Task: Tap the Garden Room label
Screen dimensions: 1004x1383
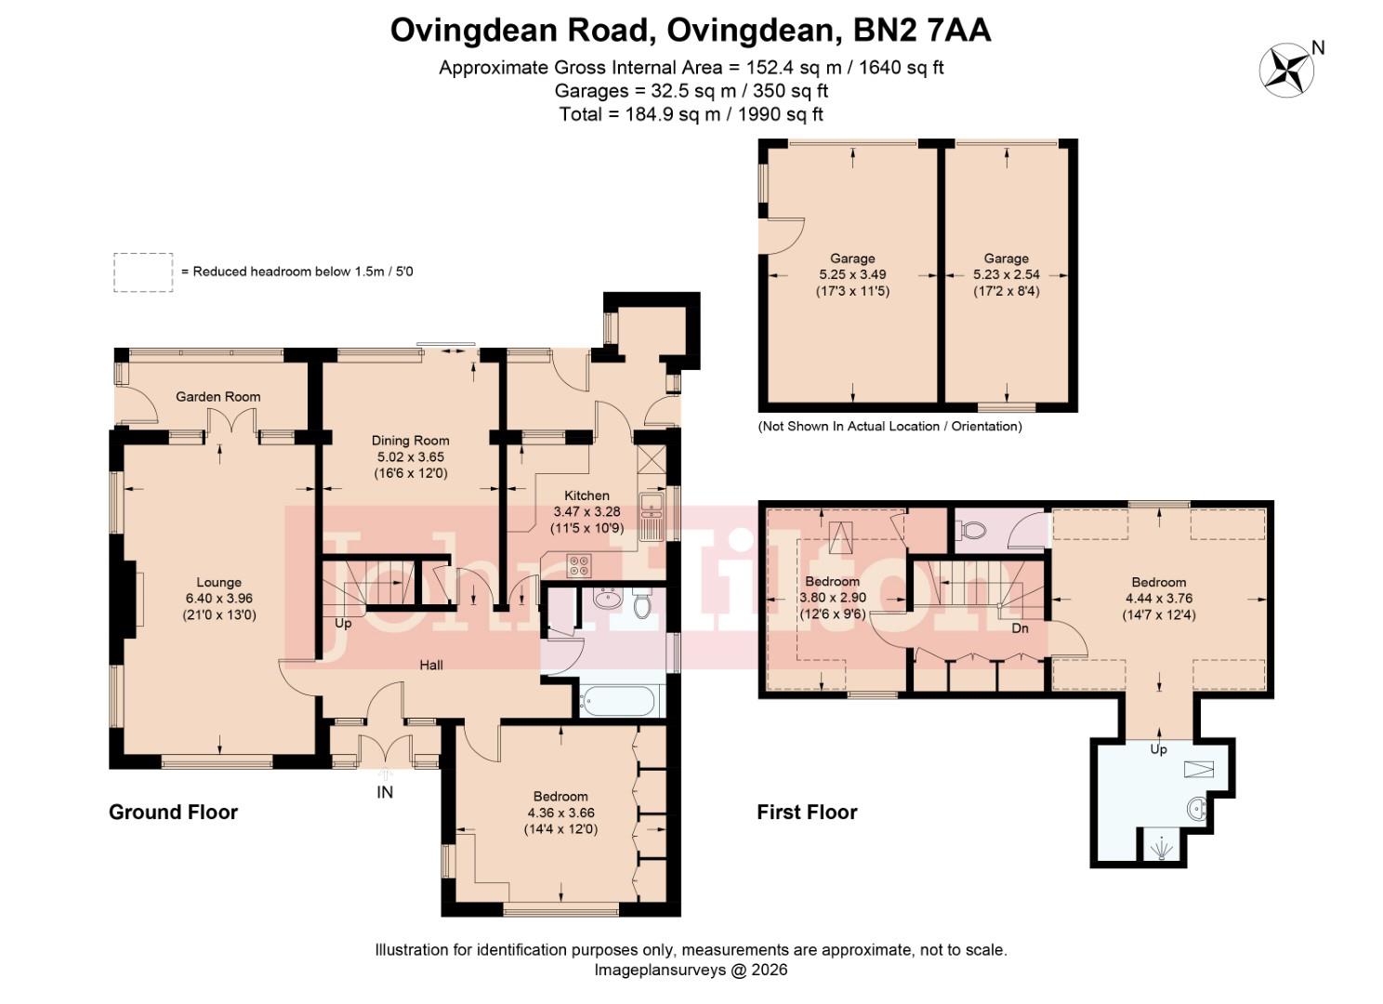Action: [x=217, y=397]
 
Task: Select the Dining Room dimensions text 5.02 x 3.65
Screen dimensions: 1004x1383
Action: [x=410, y=457]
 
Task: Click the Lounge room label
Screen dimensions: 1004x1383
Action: [x=218, y=583]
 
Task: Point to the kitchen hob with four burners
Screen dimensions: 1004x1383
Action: [x=579, y=564]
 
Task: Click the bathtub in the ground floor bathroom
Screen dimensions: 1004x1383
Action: [x=620, y=700]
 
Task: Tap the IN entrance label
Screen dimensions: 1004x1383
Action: [x=385, y=792]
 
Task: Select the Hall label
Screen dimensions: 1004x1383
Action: [x=431, y=665]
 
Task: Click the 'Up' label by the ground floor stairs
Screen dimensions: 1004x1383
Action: [x=343, y=624]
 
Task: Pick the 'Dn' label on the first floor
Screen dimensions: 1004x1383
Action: [x=1020, y=628]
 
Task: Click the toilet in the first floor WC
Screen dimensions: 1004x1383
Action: [x=972, y=531]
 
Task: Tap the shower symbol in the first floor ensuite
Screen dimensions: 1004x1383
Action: [x=1160, y=847]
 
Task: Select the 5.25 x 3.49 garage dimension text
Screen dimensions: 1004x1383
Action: [x=852, y=275]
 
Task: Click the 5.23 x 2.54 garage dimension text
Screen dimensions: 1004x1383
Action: [x=1006, y=275]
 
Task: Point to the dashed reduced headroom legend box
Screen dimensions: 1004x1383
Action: [x=143, y=272]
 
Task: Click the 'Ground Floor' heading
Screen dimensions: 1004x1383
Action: [x=173, y=812]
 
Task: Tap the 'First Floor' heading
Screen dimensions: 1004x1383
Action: [x=806, y=812]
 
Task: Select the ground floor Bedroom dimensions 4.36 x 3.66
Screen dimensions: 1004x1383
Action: [x=560, y=813]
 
